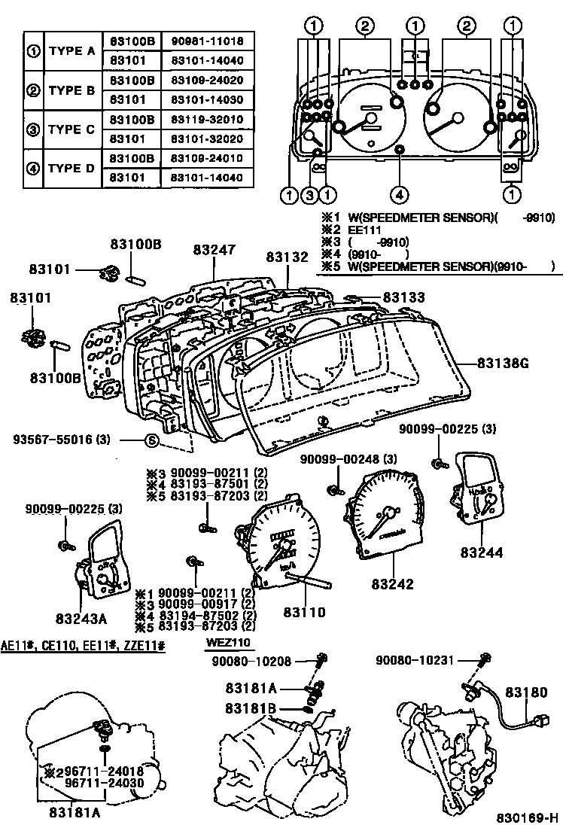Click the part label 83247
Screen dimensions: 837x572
point(213,249)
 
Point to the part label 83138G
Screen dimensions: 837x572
point(504,363)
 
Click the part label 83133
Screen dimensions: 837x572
point(404,298)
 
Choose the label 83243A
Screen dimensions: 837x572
point(81,619)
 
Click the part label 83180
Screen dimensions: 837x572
point(526,692)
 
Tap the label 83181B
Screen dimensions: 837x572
point(251,708)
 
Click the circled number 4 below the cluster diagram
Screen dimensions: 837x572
point(400,195)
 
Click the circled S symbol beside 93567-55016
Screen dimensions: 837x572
point(150,440)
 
